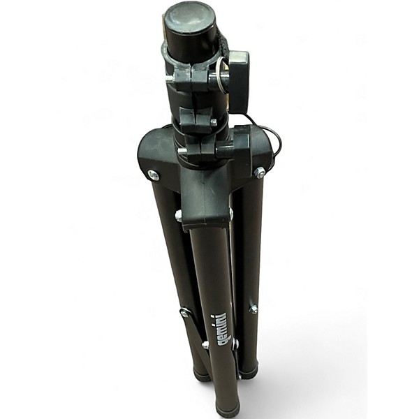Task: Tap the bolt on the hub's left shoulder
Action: pos(153,175)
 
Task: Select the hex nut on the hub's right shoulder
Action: pos(260,172)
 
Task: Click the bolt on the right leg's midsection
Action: pos(253,309)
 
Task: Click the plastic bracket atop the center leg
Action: pos(205,203)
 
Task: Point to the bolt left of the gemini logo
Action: pos(206,344)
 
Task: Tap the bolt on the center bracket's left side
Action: pos(179,216)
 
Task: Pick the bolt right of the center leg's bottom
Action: pos(235,344)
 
